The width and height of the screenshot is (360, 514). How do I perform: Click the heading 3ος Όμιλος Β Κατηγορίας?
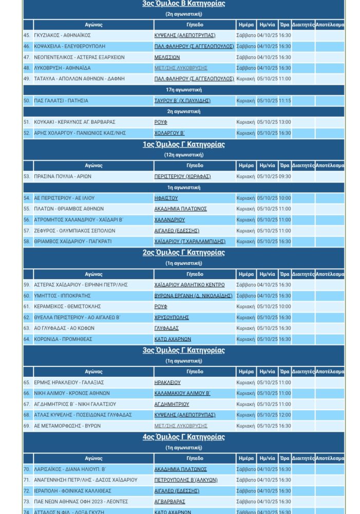coord(183,4)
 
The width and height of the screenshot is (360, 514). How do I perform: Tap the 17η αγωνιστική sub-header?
coord(183,90)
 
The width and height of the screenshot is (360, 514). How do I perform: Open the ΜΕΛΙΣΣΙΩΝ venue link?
coord(167,58)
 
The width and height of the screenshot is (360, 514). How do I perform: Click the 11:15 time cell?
coord(285,101)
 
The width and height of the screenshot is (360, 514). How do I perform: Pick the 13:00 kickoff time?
coord(285,122)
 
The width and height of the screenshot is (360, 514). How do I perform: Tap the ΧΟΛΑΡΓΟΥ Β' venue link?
coord(169,133)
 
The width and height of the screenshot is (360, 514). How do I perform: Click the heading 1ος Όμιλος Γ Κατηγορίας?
coord(183,144)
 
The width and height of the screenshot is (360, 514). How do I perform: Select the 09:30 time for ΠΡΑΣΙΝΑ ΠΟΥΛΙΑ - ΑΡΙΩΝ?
coord(285,176)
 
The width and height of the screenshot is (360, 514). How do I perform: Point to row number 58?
coord(27,242)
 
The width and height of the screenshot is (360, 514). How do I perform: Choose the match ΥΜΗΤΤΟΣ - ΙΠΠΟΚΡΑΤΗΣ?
coord(62,296)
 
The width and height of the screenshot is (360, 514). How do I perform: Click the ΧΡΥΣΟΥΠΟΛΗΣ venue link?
coord(172,318)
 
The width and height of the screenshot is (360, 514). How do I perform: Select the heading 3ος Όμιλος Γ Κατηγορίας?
coord(183,351)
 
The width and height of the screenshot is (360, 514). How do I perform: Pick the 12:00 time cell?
coord(285,415)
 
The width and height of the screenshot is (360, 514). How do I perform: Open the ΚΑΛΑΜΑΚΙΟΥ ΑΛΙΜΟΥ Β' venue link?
coord(182,393)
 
